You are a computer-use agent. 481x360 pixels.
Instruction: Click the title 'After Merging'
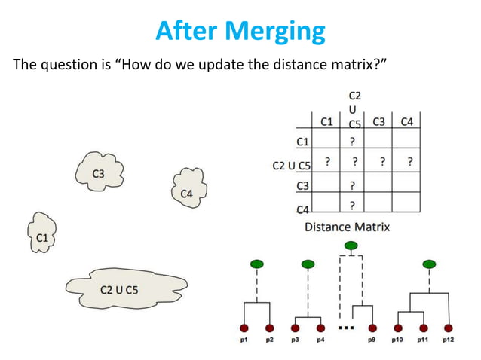240,31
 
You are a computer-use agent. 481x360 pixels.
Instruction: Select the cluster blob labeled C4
187,193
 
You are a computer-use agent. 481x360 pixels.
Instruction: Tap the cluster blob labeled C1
42,236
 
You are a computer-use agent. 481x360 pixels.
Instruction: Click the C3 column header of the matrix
380,121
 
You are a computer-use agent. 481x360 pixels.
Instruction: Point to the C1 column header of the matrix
327,121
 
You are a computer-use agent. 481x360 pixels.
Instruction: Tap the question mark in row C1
352,140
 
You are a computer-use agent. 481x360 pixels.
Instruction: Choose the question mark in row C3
352,185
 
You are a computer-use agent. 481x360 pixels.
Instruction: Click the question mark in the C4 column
409,161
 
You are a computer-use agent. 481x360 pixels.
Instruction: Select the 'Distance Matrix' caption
347,226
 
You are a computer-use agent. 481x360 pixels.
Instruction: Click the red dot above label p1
244,328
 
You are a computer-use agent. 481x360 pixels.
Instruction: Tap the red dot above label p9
372,328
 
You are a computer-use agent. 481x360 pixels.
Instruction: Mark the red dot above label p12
449,328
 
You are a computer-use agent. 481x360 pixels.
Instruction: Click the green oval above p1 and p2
256,264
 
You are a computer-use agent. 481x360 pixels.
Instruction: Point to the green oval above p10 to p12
429,264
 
